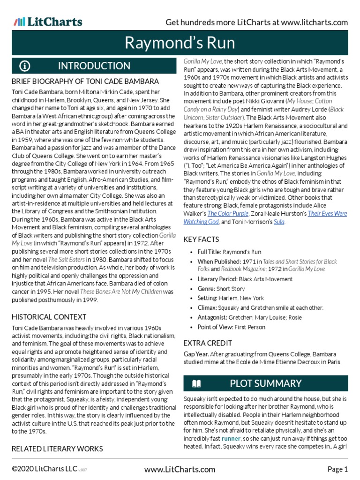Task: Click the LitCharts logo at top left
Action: pyautogui.click(x=48, y=22)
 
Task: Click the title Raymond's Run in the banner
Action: pyautogui.click(x=180, y=43)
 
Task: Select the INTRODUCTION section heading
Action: pyautogui.click(x=94, y=66)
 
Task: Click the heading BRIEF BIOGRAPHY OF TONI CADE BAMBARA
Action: pyautogui.click(x=85, y=82)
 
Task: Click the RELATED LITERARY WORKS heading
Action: pyautogui.click(x=57, y=449)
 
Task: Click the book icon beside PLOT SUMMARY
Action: pyautogui.click(x=196, y=384)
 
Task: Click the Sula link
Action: pyautogui.click(x=279, y=222)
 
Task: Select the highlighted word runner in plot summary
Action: pyautogui.click(x=231, y=438)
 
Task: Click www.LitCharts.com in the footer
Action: pyautogui.click(x=180, y=469)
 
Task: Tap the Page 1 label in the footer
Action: pyautogui.click(x=337, y=469)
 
